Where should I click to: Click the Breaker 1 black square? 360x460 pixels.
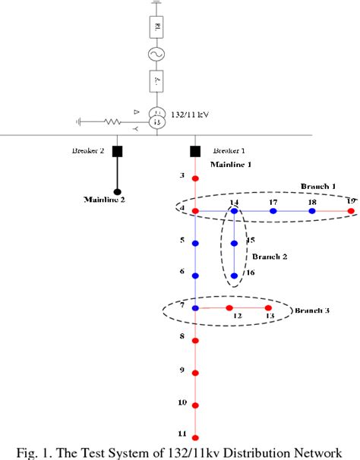[195, 150]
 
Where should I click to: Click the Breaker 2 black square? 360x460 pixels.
[118, 150]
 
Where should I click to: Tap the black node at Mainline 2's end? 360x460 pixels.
[118, 191]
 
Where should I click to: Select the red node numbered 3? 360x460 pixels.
[195, 178]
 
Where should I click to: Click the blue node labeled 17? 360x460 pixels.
[273, 210]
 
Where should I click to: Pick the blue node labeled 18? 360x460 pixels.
[311, 210]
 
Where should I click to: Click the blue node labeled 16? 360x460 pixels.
[234, 276]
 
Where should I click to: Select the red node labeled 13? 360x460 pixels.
[267, 308]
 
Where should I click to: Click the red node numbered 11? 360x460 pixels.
[195, 438]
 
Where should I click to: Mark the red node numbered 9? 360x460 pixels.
[195, 373]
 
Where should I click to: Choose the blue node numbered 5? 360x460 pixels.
[195, 244]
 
